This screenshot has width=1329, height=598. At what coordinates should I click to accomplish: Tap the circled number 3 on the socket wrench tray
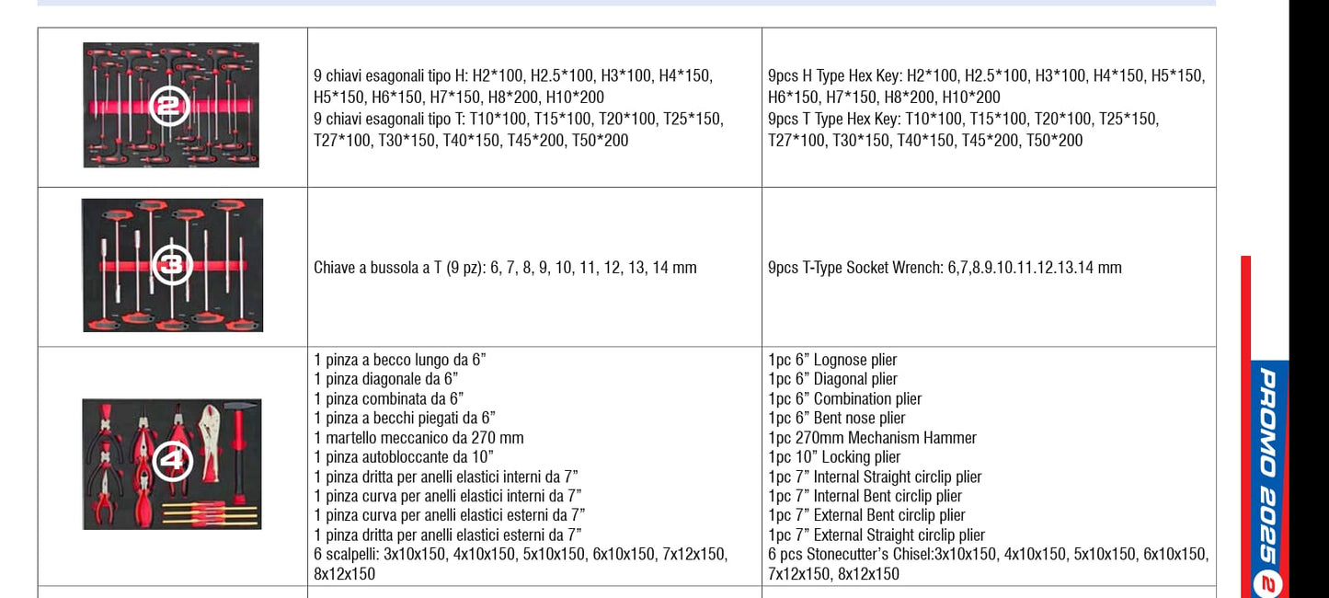[171, 265]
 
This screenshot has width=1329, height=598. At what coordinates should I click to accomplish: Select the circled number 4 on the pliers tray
[172, 461]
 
